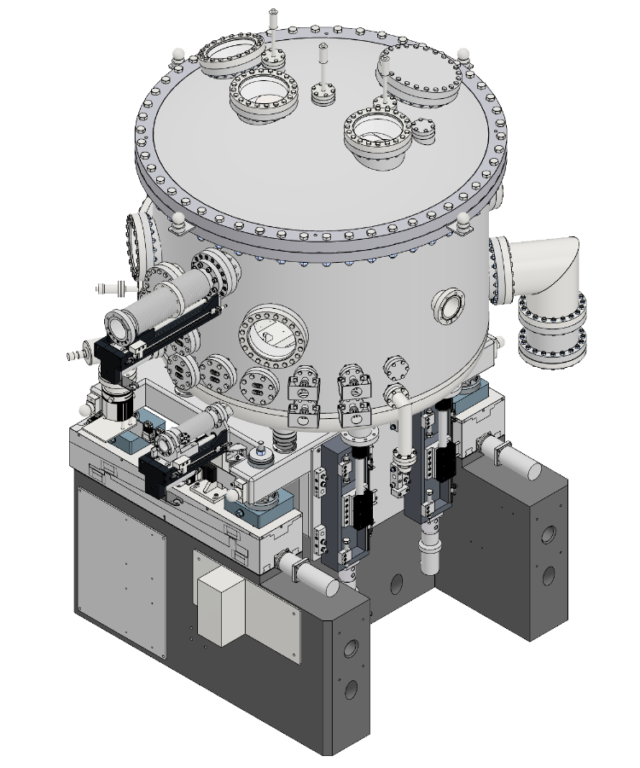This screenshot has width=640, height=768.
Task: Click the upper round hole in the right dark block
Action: click(548, 535)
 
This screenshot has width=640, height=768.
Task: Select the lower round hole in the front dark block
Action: click(350, 688)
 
